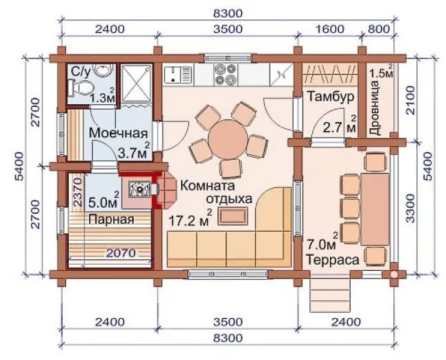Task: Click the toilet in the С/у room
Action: point(82,87)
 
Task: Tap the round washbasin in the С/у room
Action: point(104,69)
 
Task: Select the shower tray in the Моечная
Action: point(137,82)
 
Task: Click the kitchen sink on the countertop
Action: point(178,75)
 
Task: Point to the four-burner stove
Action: point(226,75)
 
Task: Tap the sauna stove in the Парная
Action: point(139,189)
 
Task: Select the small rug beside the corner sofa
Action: point(233,216)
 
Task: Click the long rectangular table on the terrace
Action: point(375,210)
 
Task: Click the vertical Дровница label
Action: point(375,108)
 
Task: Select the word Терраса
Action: point(332,260)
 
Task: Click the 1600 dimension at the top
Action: point(330,29)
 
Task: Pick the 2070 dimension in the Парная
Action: point(121,253)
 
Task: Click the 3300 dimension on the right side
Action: point(410,208)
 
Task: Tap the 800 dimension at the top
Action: point(378,29)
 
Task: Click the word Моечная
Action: point(118,133)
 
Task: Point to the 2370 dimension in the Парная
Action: point(78,192)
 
